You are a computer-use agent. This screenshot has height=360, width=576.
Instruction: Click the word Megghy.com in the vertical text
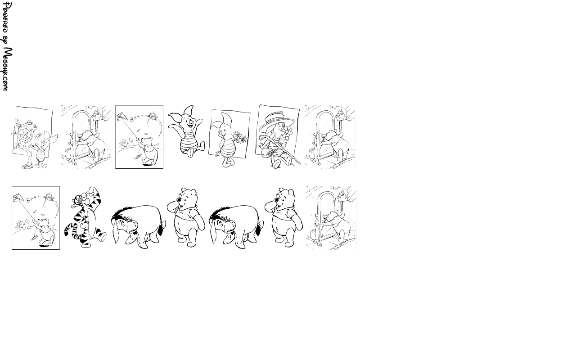[x=8, y=69]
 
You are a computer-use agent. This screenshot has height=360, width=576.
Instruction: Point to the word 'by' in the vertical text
[x=6, y=40]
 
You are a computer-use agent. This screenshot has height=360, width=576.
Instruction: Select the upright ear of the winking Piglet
[x=227, y=119]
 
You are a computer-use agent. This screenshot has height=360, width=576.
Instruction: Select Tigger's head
[x=82, y=198]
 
